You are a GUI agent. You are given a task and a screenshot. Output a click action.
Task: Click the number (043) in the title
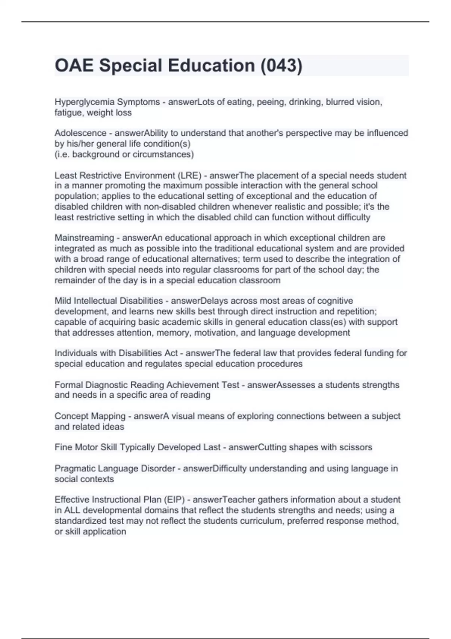[281, 65]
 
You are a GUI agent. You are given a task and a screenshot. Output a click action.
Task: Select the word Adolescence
[80, 133]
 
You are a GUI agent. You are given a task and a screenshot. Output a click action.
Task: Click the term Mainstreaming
[84, 238]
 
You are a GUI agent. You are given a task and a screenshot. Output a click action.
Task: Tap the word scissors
[356, 447]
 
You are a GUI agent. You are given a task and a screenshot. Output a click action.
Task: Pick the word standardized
[80, 521]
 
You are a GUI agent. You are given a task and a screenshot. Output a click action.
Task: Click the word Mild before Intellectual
[63, 301]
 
